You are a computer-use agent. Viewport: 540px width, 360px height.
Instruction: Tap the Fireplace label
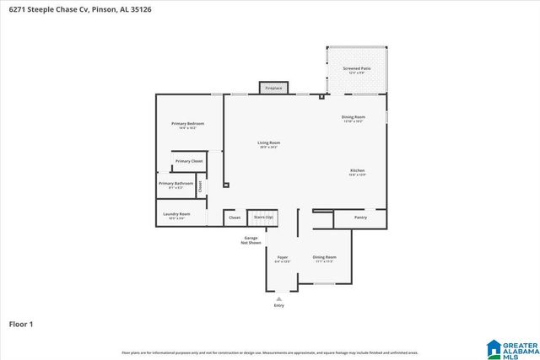[273, 88]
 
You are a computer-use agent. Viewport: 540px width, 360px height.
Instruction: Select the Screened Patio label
[356, 68]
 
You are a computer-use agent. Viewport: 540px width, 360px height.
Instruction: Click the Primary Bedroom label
[187, 124]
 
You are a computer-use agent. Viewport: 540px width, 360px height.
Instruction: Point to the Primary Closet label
[189, 160]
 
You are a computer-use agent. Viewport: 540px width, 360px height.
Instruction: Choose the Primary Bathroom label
[175, 183]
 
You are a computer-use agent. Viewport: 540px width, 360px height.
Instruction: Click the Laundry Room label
[176, 214]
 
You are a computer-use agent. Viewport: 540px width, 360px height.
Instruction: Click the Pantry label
[360, 218]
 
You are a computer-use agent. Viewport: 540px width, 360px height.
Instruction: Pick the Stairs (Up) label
[263, 217]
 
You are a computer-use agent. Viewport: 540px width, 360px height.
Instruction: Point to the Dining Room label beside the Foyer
[324, 257]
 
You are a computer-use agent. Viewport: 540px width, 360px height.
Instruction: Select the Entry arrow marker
[278, 298]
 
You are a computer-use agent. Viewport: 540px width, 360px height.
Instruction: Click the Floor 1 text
[20, 323]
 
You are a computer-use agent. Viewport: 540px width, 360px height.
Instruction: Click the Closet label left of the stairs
[235, 218]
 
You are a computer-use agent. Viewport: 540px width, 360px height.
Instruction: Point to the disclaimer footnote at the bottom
[269, 352]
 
